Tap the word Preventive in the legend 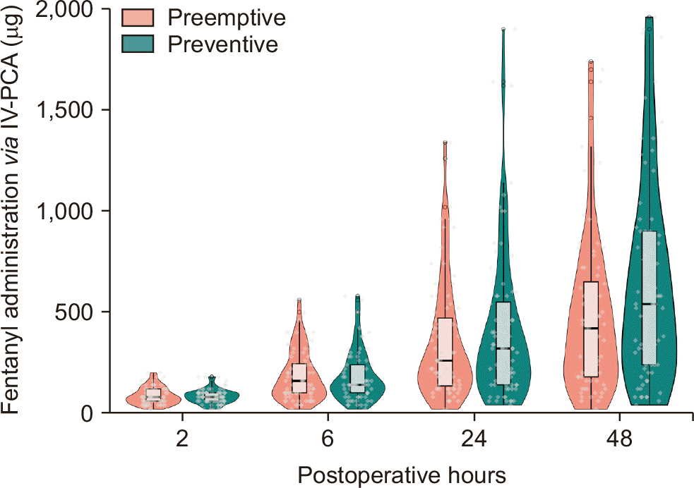[222, 44]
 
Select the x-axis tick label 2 [182, 439]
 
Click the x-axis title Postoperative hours [401, 474]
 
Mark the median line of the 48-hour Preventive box [650, 304]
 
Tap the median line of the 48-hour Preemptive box [591, 329]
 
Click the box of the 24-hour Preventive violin [503, 343]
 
